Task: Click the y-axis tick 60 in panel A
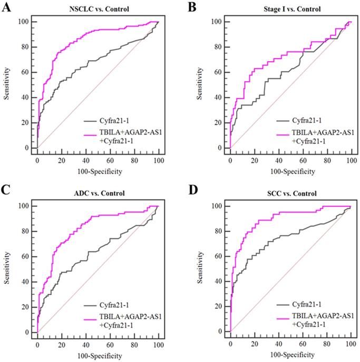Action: coord(25,72)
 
